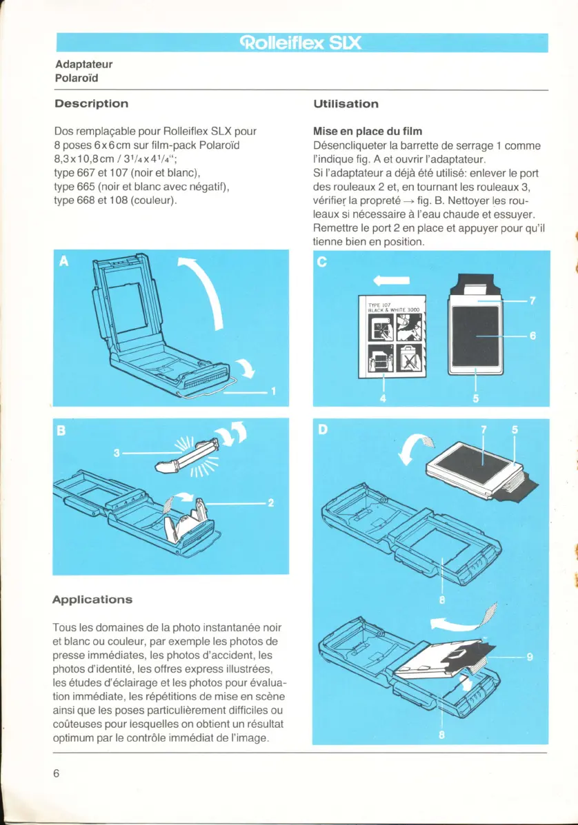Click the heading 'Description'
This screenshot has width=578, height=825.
tap(91, 103)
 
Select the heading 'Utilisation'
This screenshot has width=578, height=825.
tap(346, 103)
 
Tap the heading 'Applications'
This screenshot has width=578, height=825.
tap(92, 599)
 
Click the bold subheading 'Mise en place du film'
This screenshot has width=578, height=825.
tap(368, 131)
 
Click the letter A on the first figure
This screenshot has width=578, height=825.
tap(65, 261)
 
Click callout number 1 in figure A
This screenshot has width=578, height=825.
tap(273, 393)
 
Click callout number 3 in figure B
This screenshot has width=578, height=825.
tap(118, 453)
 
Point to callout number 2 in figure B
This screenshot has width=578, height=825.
tap(270, 503)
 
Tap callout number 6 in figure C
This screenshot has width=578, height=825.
tap(532, 336)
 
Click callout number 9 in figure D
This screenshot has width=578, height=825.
tap(530, 657)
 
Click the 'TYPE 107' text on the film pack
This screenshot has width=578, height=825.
tap(379, 304)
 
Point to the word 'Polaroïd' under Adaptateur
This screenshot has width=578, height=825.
tap(76, 77)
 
